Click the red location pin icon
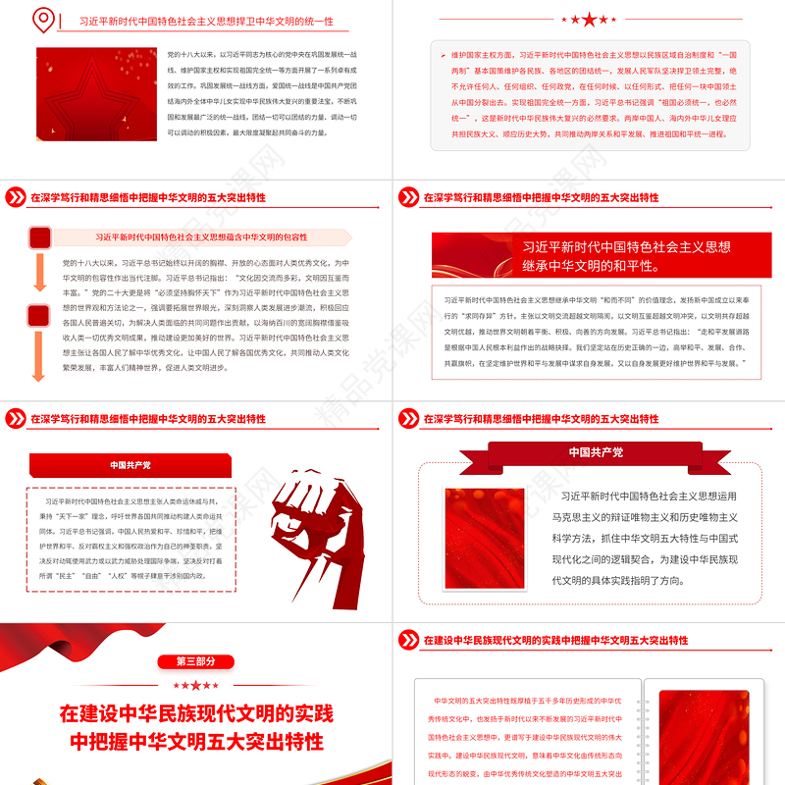click(42, 20)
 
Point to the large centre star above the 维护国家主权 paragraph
click(589, 20)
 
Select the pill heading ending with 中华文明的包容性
click(201, 237)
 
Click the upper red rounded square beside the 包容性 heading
click(40, 237)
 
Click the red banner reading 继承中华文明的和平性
click(589, 257)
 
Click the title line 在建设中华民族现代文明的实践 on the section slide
click(196, 713)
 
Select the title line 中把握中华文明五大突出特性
click(196, 741)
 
